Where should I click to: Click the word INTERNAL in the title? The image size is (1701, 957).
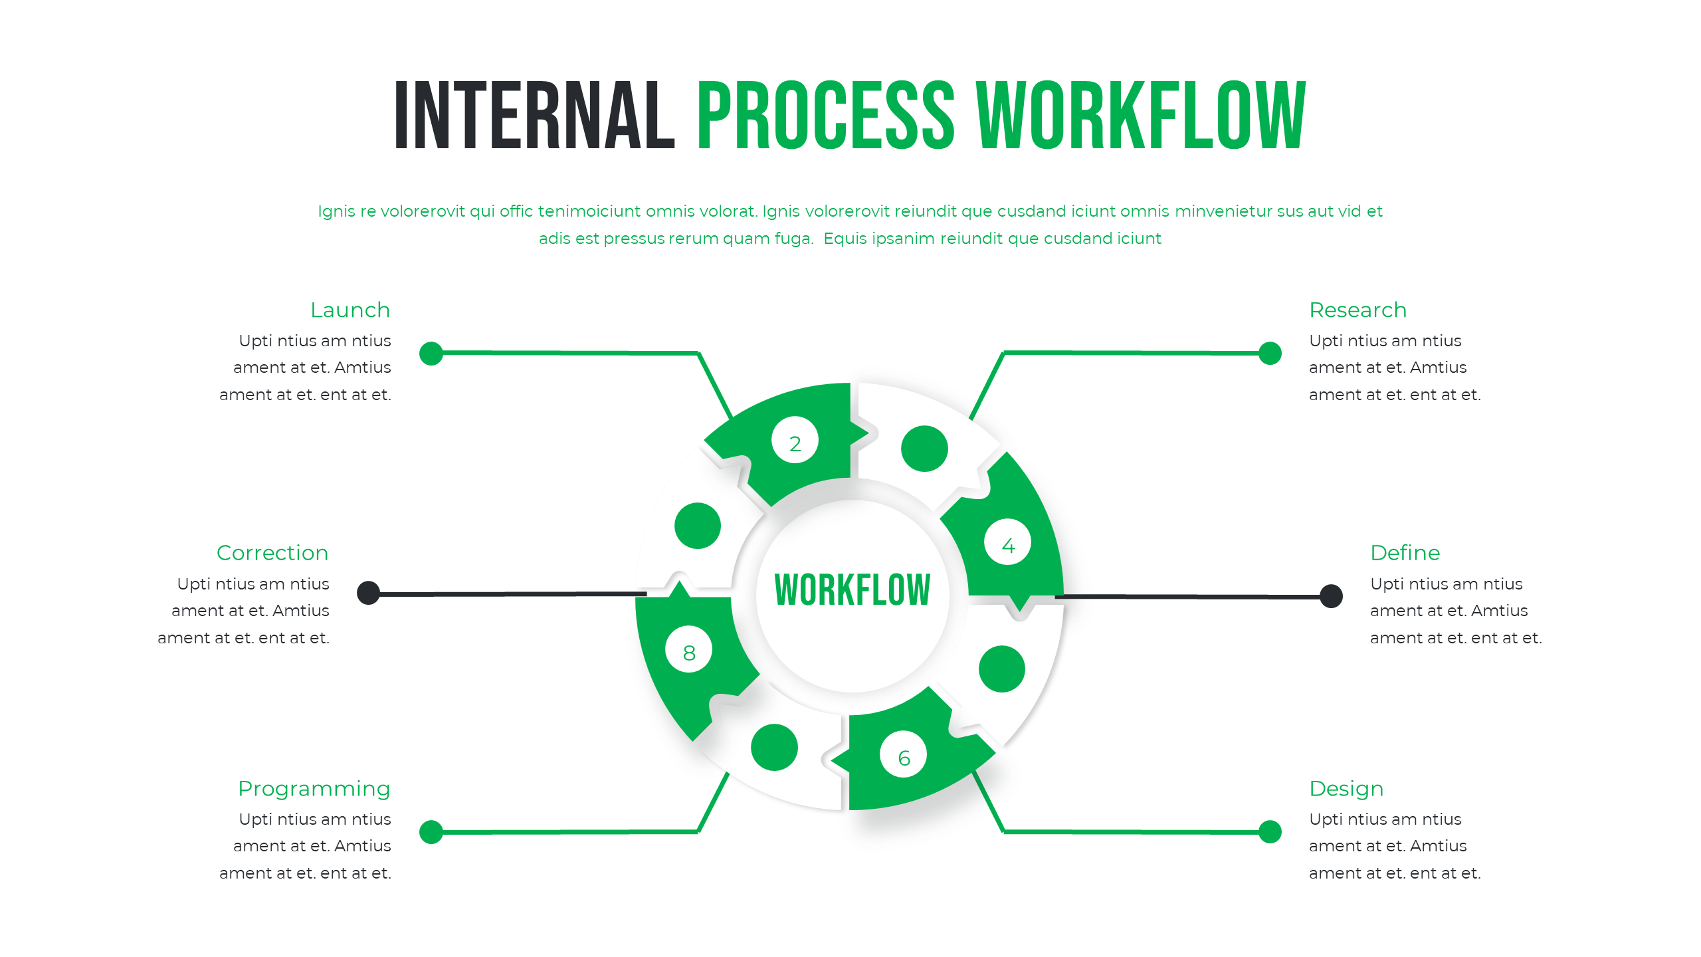click(535, 116)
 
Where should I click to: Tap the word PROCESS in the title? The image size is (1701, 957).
click(826, 116)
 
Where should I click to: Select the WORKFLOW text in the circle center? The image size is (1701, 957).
click(852, 590)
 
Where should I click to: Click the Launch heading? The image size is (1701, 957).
click(350, 310)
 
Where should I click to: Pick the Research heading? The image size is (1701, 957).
click(1357, 310)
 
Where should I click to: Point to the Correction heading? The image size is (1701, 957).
click(272, 553)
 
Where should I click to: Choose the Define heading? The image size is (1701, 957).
click(1405, 553)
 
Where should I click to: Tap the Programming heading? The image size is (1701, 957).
click(314, 789)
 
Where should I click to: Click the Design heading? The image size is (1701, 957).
click(1346, 789)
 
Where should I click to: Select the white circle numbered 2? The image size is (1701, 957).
click(795, 440)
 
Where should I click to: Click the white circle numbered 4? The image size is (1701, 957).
click(1007, 542)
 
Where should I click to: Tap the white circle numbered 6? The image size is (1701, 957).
click(903, 754)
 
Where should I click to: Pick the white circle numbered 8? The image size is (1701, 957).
click(688, 649)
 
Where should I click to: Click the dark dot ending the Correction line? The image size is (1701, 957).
click(368, 593)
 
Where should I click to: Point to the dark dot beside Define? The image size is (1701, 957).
click(1331, 596)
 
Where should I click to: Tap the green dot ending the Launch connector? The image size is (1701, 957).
click(431, 354)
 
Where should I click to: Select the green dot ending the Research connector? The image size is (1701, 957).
click(1270, 354)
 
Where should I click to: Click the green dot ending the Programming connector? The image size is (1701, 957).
click(431, 831)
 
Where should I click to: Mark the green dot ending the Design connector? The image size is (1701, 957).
click(1270, 831)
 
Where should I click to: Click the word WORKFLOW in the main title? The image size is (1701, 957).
click(1140, 116)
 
